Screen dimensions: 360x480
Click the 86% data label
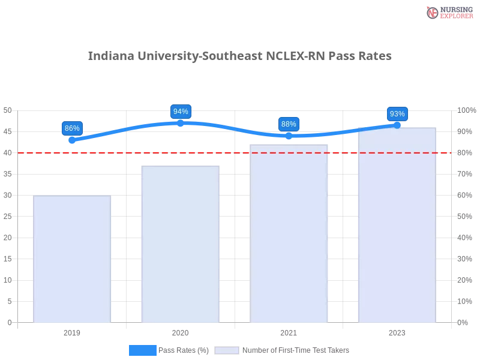tap(72, 128)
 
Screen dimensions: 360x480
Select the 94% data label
tap(181, 112)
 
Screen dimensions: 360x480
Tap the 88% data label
tap(289, 124)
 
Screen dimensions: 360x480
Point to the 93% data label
tap(397, 114)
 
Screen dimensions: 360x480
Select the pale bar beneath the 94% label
tap(180, 244)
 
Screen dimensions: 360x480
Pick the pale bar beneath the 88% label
tap(289, 234)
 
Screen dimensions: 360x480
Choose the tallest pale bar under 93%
tap(397, 225)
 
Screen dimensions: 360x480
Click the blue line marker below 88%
tap(289, 136)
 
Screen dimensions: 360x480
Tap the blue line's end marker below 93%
tap(397, 125)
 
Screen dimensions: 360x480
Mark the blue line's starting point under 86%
tap(71, 140)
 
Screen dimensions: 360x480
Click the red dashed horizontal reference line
tap(234, 152)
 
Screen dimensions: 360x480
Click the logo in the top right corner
tap(448, 12)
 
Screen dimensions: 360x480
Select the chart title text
tap(240, 56)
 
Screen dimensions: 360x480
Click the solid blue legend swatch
tap(143, 350)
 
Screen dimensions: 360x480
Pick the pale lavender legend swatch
tap(227, 350)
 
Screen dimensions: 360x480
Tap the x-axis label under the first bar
tap(72, 331)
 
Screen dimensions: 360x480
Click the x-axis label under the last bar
tap(397, 331)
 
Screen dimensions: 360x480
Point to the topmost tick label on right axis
tap(465, 110)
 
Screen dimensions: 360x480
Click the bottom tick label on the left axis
tap(9, 322)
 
